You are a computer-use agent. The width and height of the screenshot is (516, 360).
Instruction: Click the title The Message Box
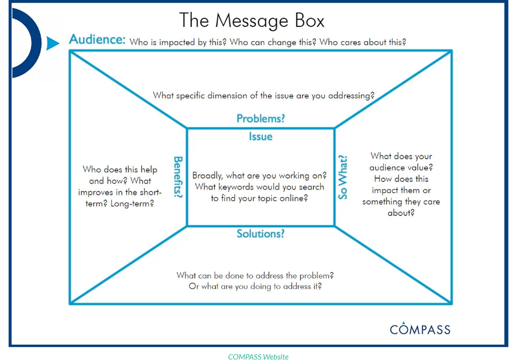(x=252, y=20)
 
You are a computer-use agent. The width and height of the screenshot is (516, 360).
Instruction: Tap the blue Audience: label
(x=97, y=40)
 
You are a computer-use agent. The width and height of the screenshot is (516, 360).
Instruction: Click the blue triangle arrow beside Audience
(x=52, y=43)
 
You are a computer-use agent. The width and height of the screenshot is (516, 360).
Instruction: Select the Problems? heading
(x=261, y=118)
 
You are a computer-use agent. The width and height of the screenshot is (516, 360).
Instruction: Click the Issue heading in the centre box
(x=261, y=137)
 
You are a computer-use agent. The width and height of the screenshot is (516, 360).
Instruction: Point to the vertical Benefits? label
(x=178, y=177)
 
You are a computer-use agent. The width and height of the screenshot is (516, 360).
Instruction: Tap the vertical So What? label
(x=343, y=177)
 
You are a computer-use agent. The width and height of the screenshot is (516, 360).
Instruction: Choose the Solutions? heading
(x=261, y=233)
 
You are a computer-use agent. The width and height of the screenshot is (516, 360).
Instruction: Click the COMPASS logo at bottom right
(x=420, y=329)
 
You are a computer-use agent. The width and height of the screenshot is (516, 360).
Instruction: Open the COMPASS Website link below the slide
(x=258, y=356)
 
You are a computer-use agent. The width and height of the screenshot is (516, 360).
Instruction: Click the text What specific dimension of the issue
(x=263, y=95)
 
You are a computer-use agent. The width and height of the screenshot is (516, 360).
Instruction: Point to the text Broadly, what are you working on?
(x=260, y=175)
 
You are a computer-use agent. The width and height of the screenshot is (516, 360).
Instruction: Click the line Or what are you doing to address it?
(x=255, y=286)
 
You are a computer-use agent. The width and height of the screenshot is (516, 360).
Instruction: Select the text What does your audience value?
(x=401, y=162)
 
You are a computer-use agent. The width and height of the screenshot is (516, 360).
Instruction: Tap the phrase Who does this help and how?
(x=120, y=175)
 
